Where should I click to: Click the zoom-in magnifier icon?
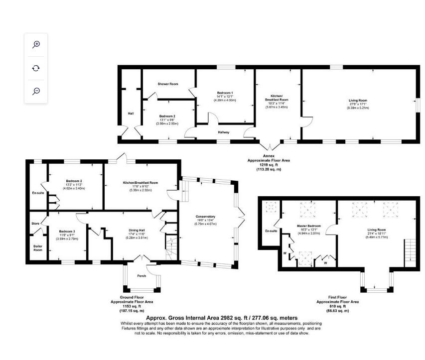36,44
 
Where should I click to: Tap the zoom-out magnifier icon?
36,91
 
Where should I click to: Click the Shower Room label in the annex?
168,84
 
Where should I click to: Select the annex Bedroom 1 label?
224,93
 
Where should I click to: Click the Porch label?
142,276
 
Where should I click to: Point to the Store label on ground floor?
35,224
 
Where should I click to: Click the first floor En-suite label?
271,231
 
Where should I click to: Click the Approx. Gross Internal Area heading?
222,318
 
